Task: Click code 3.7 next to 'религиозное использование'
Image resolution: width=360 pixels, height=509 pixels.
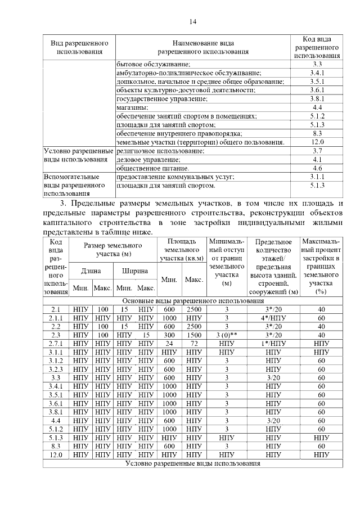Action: click(x=317, y=151)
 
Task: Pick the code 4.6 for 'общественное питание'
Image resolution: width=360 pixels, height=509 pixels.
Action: click(x=317, y=168)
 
